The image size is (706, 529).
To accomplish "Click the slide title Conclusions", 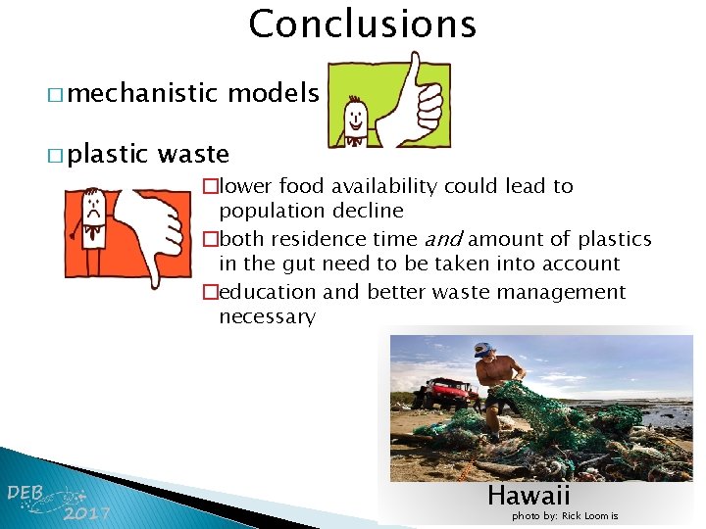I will tap(362, 24).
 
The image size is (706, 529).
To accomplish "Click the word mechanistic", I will tap(143, 93).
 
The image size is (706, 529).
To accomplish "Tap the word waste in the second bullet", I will tap(193, 154).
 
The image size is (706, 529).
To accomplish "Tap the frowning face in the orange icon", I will tap(93, 210).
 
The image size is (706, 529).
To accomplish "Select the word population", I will tap(268, 212).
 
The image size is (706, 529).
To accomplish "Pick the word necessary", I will tap(267, 317).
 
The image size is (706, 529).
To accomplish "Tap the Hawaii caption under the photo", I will tap(529, 495).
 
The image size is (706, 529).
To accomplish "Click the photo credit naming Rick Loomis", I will tap(565, 516).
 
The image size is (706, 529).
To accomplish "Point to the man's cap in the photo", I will tap(482, 349).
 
